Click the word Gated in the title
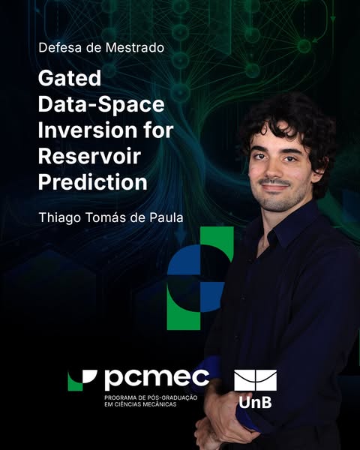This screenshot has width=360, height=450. pos(70,78)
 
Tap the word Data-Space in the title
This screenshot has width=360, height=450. pos(101,104)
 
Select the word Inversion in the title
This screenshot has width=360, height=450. pos(88,130)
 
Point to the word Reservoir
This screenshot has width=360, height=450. pos(89,156)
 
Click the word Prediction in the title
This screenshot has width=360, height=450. pos(93,182)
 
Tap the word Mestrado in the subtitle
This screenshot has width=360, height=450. pos(135,48)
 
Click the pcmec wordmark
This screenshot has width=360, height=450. pos(157,379)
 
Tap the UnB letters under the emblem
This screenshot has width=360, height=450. pos(255,402)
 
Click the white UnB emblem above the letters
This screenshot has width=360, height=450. pos(256,380)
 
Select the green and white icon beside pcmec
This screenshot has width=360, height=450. pos(82,380)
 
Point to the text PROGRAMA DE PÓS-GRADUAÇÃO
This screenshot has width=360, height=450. pos(151,397)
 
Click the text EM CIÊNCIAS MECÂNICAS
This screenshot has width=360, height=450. pos(140,404)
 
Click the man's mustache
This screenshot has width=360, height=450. pos(275,182)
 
